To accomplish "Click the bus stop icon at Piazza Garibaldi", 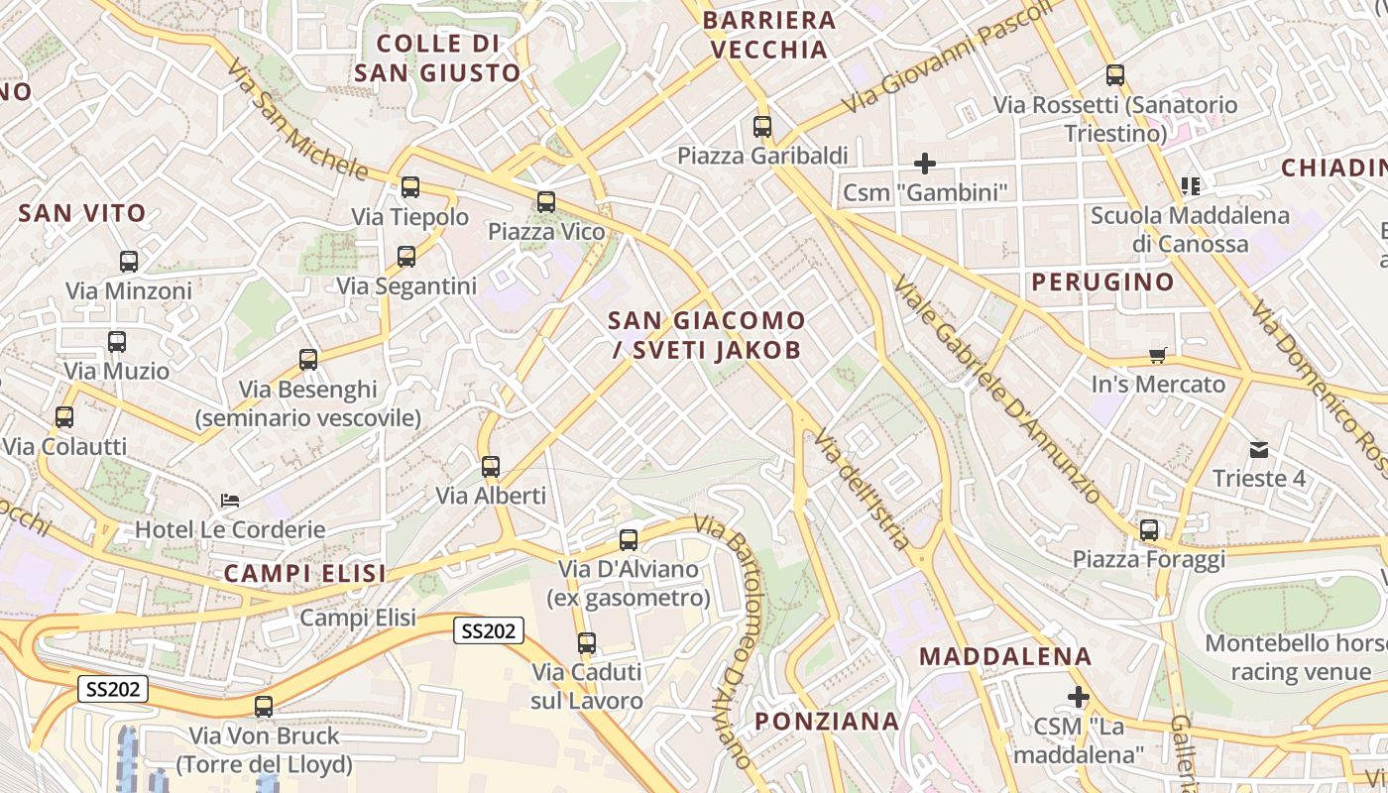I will click(761, 127).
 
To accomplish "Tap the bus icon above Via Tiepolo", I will click(409, 186).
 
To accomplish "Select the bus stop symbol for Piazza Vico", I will click(545, 202).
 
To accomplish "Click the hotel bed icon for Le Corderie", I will click(230, 501).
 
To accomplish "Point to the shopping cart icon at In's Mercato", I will click(1157, 355).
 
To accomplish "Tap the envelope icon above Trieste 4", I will click(1259, 450).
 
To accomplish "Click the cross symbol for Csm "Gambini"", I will click(925, 163).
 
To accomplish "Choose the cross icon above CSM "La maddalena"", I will click(1079, 697).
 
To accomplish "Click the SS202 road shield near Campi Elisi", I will click(489, 630).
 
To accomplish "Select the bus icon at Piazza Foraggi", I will click(1148, 530).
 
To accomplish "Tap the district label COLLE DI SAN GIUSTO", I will click(437, 57).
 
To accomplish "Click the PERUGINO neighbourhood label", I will click(1102, 282).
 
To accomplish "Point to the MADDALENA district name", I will click(1005, 656).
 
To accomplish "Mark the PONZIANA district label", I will click(827, 721).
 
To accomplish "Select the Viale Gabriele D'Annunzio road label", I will click(995, 388).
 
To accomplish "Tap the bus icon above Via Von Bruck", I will click(263, 707).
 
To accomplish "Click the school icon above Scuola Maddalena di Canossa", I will click(1191, 185).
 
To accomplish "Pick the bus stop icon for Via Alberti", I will click(490, 467).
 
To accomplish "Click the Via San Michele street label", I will click(296, 121).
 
